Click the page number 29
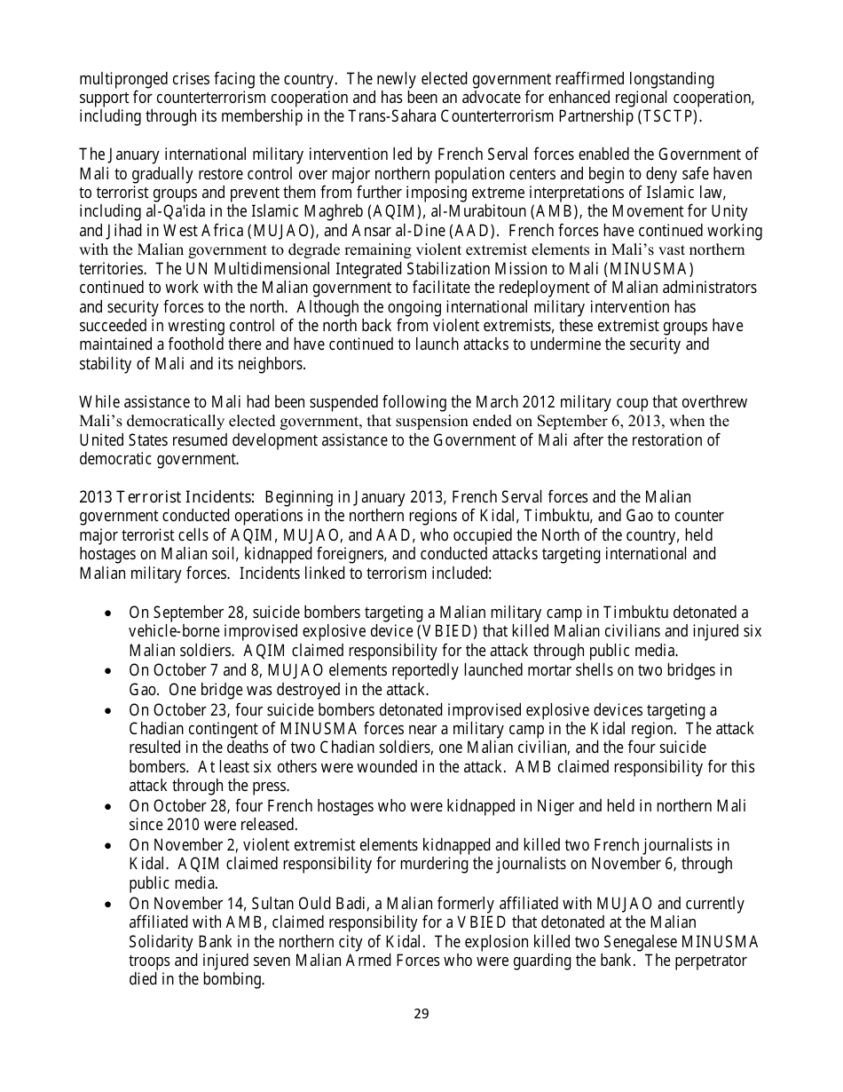(x=421, y=1014)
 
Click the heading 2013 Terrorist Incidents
(x=166, y=497)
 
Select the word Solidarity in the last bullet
(x=164, y=942)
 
